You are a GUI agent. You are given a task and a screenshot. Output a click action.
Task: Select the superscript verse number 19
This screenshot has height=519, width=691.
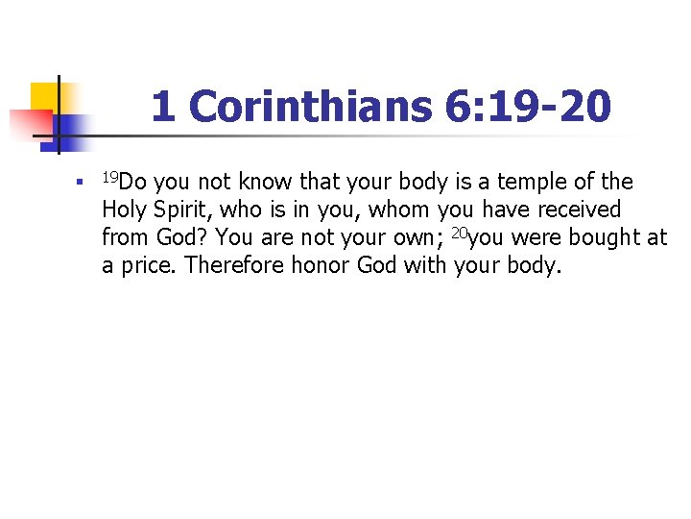pyautogui.click(x=110, y=176)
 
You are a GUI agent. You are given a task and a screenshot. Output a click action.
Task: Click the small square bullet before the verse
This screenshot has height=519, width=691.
pyautogui.click(x=84, y=180)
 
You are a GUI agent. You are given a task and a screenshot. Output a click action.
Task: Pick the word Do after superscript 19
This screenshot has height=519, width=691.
pyautogui.click(x=133, y=182)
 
